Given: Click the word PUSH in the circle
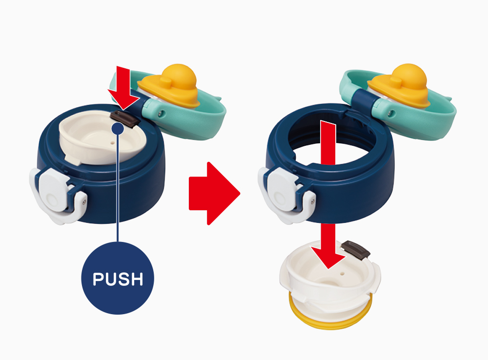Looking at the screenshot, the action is pos(118,279).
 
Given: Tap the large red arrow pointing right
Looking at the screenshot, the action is pos(214,193).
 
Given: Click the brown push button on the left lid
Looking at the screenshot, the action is pos(124,119).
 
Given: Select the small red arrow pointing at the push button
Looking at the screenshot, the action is pos(123,88).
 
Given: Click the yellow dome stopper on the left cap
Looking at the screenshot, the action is pos(170,84).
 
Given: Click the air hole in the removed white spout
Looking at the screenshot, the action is pos(343,275).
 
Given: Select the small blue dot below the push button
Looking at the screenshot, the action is pos(118,128).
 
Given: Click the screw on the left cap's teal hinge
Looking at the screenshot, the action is pos(160,114).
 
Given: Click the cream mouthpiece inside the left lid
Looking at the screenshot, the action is pos(102,138).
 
